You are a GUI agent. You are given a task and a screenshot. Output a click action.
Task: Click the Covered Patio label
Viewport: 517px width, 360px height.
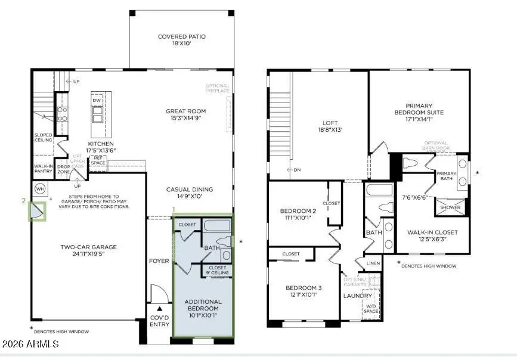point(181,37)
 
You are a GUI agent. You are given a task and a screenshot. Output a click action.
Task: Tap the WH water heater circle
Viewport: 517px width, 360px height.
point(40,189)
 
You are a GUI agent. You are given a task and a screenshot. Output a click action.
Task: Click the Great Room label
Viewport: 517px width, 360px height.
point(186,111)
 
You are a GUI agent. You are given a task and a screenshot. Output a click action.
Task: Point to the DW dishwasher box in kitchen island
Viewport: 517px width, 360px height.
point(97,101)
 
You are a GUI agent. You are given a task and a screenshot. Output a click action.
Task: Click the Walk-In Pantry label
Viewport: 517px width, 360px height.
point(44,169)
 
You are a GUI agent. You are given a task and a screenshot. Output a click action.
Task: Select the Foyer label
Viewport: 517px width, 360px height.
point(159,261)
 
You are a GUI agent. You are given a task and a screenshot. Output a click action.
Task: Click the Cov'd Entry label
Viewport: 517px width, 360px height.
point(159,321)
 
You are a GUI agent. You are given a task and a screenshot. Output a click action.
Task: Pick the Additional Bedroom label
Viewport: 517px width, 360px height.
point(202,305)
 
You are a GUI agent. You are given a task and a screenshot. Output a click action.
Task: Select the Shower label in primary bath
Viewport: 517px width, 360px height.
point(450,207)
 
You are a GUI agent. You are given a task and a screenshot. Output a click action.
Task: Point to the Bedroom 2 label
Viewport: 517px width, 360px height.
point(298,211)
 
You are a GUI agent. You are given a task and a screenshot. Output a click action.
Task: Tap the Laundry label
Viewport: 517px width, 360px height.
point(357,296)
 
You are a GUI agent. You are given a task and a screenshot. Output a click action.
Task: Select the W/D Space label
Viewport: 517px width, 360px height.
point(372,309)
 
